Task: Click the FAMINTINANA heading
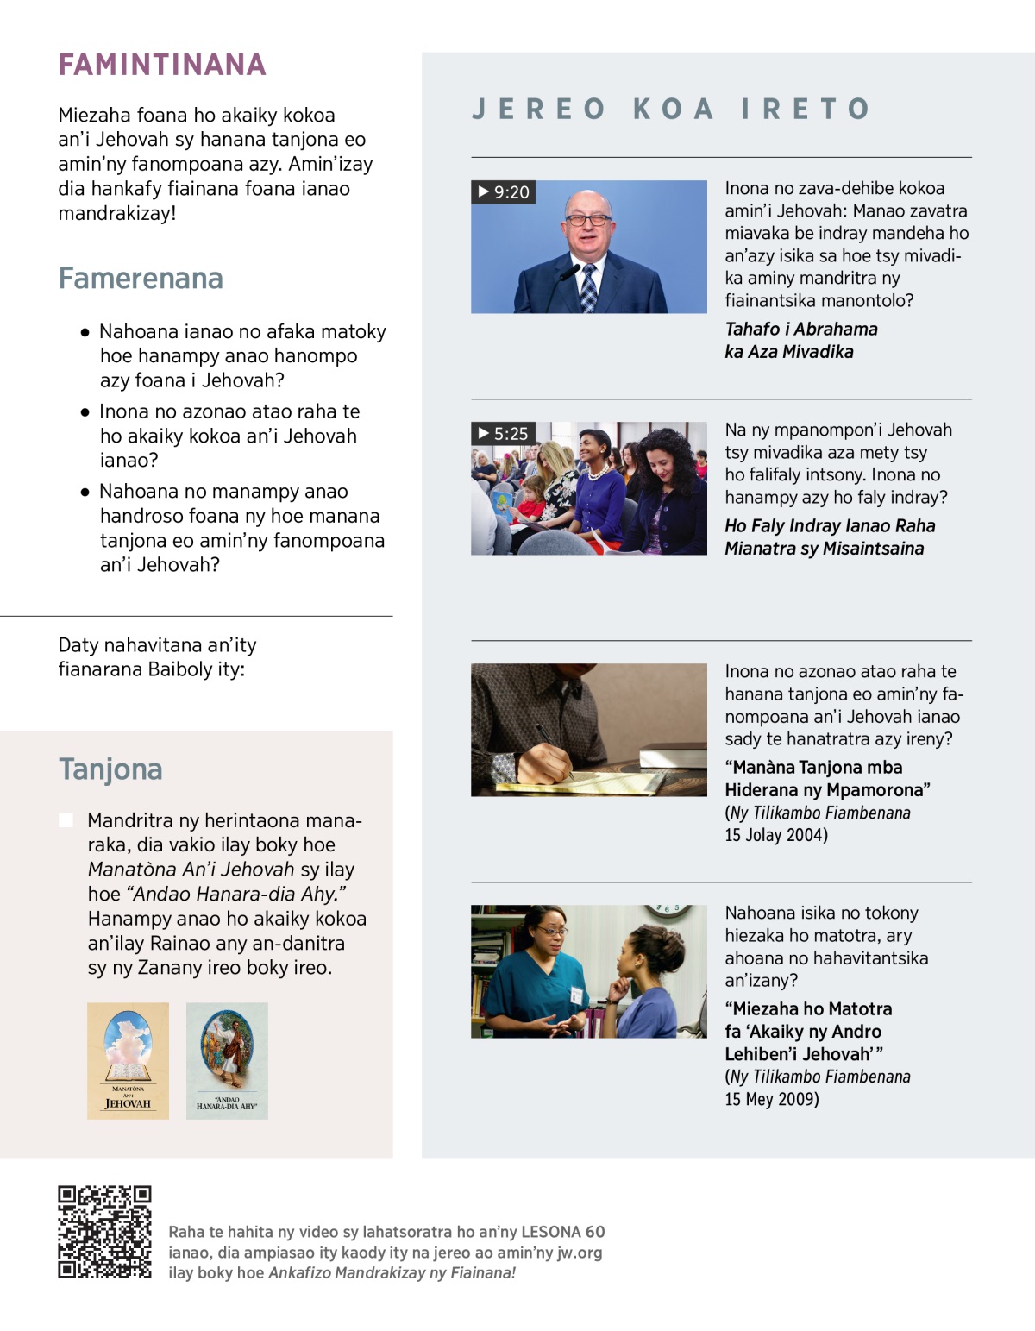[x=162, y=65]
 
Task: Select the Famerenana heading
[x=141, y=279]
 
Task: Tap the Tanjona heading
[x=110, y=769]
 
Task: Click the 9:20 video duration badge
[x=504, y=191]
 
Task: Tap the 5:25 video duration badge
[x=504, y=433]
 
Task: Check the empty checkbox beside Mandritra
[x=66, y=819]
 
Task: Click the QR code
[x=104, y=1231]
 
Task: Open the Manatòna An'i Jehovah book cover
[x=128, y=1061]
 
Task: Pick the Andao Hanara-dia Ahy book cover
[x=227, y=1061]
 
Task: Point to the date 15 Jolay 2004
[x=776, y=835]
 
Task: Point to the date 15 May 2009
[x=772, y=1099]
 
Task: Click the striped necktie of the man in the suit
[x=588, y=288]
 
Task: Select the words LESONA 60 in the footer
[x=563, y=1232]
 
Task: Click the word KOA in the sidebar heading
[x=674, y=109]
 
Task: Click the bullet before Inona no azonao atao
[x=85, y=412]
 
